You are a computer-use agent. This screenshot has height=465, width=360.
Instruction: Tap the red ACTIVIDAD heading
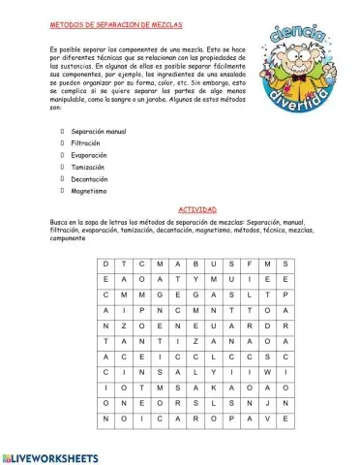[198, 209]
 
